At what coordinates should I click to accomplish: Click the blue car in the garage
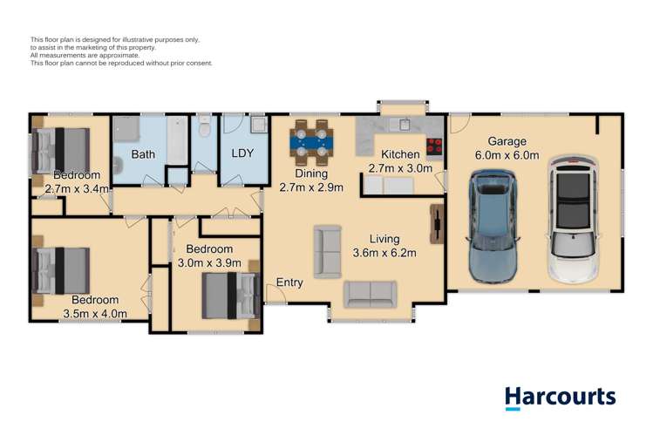click(493, 226)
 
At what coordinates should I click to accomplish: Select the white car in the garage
click(572, 220)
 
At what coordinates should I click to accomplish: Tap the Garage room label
click(507, 140)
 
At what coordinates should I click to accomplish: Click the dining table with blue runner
click(311, 142)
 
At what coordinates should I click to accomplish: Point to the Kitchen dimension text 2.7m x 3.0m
click(401, 168)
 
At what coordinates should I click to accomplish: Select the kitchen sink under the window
click(404, 124)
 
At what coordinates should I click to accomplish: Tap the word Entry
click(289, 282)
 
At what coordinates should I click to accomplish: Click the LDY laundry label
click(241, 154)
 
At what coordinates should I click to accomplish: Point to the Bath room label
click(143, 154)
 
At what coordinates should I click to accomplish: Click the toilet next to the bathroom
click(204, 130)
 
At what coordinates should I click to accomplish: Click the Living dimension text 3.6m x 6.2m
click(384, 254)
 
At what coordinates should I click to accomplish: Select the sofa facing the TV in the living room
click(328, 250)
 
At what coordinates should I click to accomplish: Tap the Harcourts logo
click(561, 398)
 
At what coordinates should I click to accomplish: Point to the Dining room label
click(310, 173)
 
